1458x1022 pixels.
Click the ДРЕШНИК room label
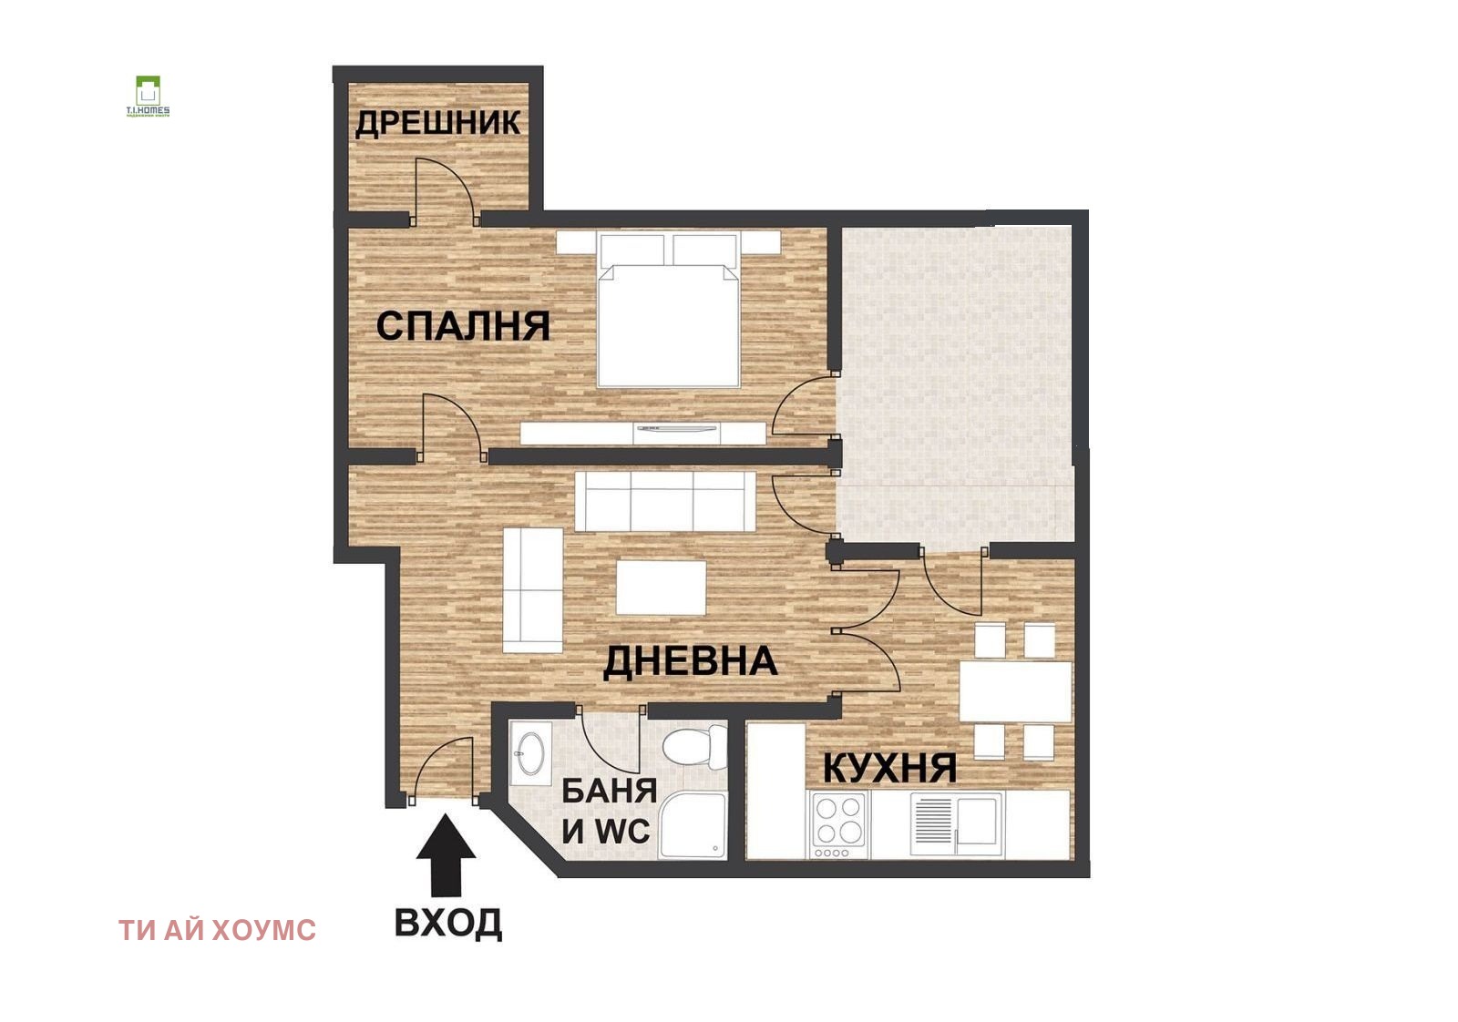437,123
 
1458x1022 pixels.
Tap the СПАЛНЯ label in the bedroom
463,326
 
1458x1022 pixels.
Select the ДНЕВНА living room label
690,661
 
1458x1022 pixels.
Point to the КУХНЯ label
889,769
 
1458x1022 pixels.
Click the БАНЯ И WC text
608,811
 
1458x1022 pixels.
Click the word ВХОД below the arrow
447,923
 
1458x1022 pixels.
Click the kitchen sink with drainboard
957,823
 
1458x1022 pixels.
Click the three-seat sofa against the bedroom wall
665,501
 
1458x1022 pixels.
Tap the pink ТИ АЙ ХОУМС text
217,930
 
